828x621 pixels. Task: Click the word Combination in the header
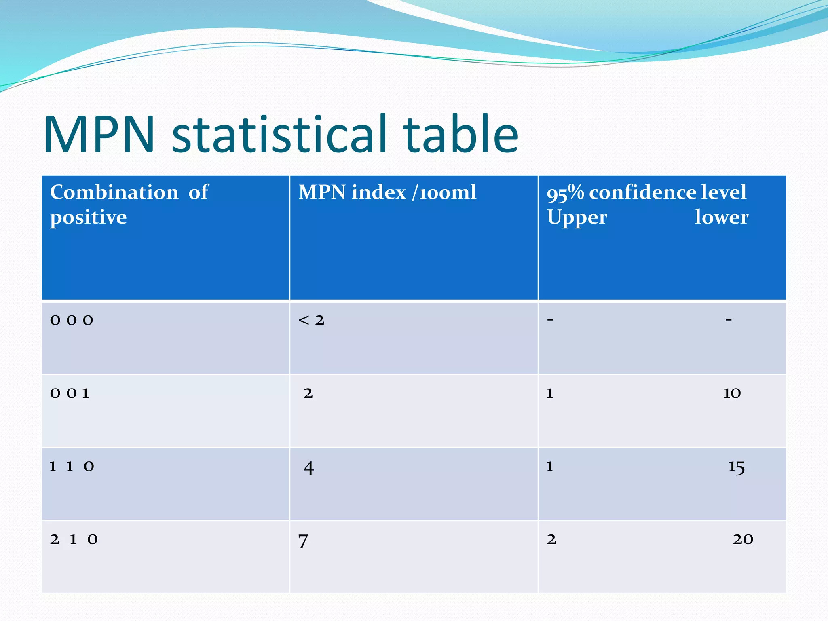tap(114, 192)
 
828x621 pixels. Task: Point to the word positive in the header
tap(88, 218)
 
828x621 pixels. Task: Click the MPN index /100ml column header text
tap(387, 192)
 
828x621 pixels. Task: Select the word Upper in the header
tap(577, 218)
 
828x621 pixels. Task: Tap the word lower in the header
tap(721, 217)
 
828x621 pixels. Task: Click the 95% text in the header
tap(565, 193)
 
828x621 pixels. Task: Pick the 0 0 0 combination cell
tap(72, 320)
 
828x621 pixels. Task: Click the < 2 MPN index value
tap(311, 320)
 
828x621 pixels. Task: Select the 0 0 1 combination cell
tap(70, 393)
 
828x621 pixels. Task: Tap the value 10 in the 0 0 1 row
tap(732, 393)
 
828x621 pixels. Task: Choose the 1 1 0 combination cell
tap(72, 467)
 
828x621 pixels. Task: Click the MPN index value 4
tap(308, 468)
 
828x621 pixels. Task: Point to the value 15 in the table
tap(736, 467)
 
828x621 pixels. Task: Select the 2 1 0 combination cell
tap(74, 539)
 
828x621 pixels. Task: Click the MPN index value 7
tap(303, 541)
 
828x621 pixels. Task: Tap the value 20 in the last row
tap(743, 539)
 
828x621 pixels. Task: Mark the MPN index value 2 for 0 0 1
tap(308, 393)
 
